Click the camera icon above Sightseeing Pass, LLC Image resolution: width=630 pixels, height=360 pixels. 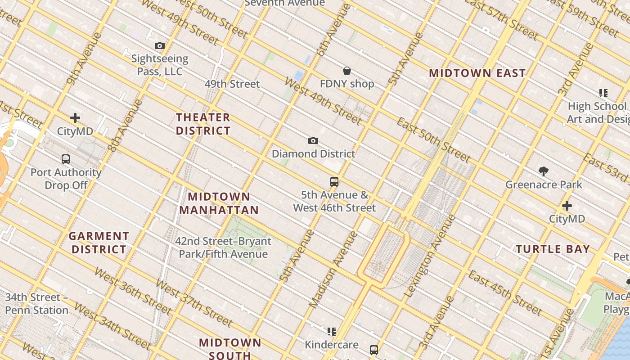point(160,46)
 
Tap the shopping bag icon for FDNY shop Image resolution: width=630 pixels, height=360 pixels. point(347,71)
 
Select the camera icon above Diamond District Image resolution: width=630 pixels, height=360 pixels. point(313,141)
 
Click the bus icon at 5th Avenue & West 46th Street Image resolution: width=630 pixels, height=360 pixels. point(334,182)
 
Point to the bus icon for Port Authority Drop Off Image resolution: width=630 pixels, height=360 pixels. point(66,159)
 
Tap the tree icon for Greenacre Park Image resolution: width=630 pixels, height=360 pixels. point(544,171)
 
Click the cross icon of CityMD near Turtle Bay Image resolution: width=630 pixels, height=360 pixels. point(567,206)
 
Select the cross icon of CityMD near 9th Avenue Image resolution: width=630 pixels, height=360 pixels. point(75,118)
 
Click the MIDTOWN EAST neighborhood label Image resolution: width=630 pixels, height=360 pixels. point(477,73)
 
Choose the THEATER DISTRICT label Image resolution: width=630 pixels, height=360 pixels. point(203,124)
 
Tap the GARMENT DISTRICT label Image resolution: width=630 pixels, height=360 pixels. point(99,243)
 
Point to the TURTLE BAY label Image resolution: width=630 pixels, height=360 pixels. point(553,249)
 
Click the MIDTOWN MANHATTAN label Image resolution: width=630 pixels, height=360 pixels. point(219,203)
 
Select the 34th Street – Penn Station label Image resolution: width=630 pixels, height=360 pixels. point(37,304)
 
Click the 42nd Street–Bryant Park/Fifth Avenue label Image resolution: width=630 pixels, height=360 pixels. point(223,247)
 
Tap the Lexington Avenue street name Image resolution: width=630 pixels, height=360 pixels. point(430,256)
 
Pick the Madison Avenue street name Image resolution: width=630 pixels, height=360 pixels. point(333,270)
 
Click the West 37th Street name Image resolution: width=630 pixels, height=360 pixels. point(194,303)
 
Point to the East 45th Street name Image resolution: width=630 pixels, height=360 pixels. point(505,293)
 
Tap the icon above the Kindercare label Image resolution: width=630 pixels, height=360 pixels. point(332,332)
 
